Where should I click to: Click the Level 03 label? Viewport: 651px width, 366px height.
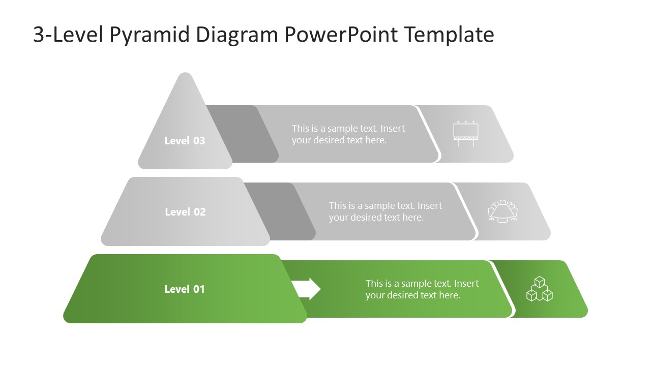(185, 141)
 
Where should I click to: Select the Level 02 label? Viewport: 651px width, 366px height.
(185, 212)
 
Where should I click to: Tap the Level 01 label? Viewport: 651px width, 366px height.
(185, 289)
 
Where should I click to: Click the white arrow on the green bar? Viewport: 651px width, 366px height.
(306, 289)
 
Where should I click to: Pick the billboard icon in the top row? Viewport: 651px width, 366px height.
(466, 134)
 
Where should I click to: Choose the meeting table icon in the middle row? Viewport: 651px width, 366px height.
(502, 211)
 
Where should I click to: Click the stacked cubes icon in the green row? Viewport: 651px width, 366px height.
(539, 289)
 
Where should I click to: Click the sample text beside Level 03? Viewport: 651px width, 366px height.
(348, 134)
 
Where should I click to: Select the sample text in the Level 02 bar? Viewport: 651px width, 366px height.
(386, 211)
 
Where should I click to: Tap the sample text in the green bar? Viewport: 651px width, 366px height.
(422, 289)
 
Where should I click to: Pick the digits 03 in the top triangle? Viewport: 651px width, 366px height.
(198, 141)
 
